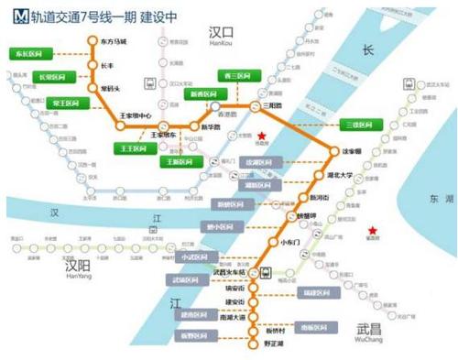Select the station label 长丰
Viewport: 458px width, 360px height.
tap(106, 65)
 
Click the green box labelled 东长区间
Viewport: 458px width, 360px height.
tap(28, 54)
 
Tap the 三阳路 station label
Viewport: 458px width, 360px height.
tap(271, 106)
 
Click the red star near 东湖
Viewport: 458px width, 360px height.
tap(372, 231)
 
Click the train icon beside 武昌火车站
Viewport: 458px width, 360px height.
tap(265, 271)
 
